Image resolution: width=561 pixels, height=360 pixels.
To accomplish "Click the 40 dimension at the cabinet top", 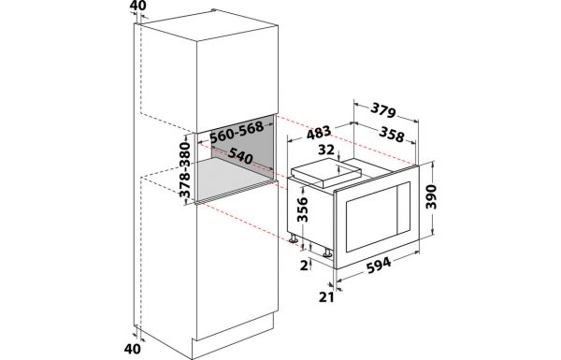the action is point(137,6).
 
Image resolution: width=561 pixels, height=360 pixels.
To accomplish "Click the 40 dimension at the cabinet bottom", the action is point(133,349).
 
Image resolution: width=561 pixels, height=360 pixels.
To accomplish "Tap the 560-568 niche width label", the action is point(237,131).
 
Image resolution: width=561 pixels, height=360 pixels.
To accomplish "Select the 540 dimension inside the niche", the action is point(240,155).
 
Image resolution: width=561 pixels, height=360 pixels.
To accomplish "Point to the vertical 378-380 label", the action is point(185,170).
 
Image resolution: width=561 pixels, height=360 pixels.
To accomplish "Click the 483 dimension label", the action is point(319,133).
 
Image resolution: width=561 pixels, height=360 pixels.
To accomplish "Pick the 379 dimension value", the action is point(383,109).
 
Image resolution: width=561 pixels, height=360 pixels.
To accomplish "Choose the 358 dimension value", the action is point(392,135).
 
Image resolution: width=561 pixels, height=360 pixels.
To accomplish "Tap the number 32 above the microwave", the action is point(326,150).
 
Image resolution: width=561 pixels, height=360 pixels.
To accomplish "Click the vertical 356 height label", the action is point(303,209).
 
